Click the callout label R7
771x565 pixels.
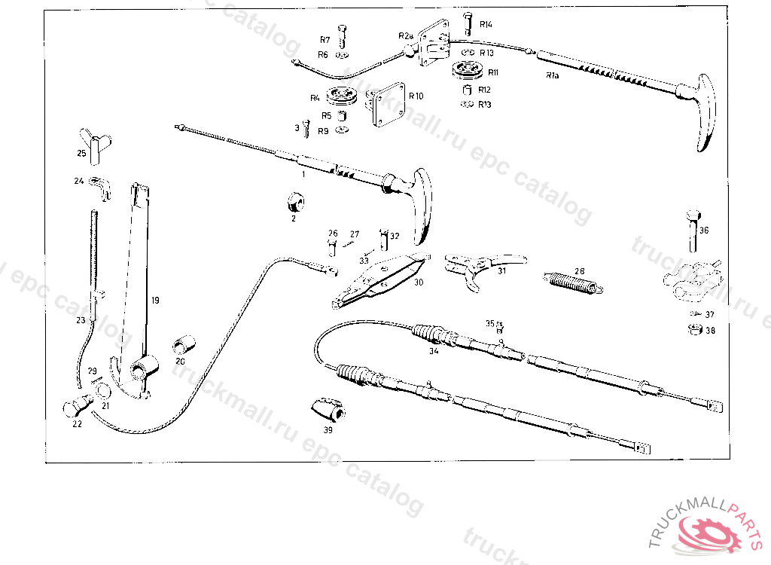[325, 39]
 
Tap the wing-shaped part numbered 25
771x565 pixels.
[93, 145]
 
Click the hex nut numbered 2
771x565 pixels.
[294, 203]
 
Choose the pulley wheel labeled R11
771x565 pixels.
[468, 73]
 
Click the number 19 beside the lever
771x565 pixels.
[154, 300]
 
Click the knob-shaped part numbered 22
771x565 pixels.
[75, 406]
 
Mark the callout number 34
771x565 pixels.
[433, 350]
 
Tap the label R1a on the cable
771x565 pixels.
[552, 76]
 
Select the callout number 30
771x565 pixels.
[418, 282]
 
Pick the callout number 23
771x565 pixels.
[80, 320]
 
